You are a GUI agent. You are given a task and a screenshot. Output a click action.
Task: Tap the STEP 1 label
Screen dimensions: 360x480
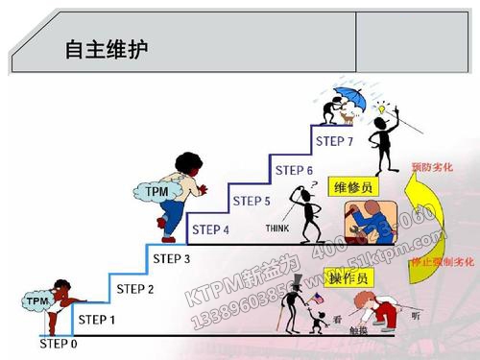(96, 320)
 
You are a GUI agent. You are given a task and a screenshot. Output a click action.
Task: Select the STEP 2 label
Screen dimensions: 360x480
(135, 288)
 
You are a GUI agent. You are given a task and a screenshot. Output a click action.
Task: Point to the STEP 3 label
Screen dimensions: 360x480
(172, 259)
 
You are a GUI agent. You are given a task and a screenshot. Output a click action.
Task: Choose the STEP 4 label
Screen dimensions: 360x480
(211, 229)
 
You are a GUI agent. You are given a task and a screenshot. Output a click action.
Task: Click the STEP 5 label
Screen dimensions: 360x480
(252, 201)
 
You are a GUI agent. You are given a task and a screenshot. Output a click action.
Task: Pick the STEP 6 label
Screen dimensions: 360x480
(295, 171)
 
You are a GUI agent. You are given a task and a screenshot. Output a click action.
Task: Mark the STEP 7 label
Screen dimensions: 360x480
(335, 142)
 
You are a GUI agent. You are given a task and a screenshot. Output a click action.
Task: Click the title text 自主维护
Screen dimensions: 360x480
(112, 48)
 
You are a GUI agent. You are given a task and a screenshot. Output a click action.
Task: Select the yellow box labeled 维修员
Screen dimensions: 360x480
(355, 185)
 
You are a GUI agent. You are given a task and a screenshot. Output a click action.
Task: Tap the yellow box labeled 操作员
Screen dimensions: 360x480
(355, 277)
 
